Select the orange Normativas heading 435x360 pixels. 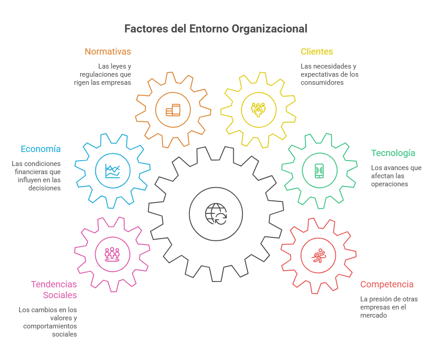click(108, 51)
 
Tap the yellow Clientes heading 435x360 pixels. click(316, 51)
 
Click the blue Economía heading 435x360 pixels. click(41, 149)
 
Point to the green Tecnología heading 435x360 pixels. click(393, 153)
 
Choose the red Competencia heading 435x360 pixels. click(387, 284)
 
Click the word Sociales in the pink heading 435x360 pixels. click(60, 295)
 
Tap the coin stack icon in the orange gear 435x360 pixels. click(173, 110)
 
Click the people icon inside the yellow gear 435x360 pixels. click(258, 110)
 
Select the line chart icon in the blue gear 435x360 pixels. click(113, 171)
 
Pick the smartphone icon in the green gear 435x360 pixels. click(319, 171)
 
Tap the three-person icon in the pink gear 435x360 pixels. click(112, 254)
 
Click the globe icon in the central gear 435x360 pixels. click(216, 214)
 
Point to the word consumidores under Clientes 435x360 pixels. click(322, 83)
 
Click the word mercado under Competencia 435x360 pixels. click(374, 315)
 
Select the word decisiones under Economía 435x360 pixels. click(44, 188)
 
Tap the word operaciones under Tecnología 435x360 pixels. click(389, 185)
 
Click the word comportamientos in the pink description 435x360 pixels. click(50, 326)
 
